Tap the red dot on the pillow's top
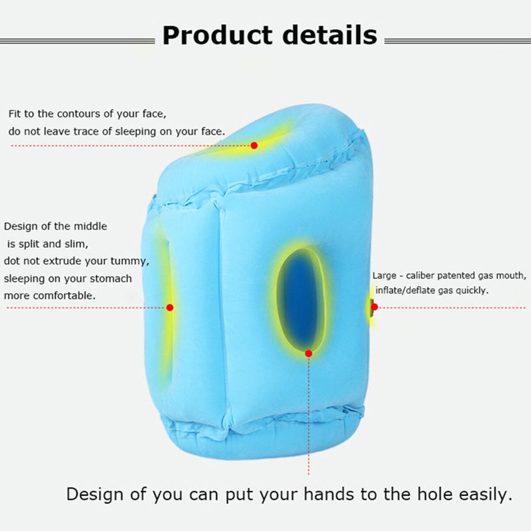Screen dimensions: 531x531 click(x=254, y=145)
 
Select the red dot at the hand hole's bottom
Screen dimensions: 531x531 click(x=308, y=353)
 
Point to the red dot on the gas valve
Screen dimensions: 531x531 click(x=374, y=307)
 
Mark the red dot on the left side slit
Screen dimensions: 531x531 click(x=170, y=307)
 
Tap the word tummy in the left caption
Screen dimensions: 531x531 click(x=127, y=261)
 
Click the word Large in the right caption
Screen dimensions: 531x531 click(x=384, y=276)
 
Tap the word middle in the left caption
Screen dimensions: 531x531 click(x=90, y=226)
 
